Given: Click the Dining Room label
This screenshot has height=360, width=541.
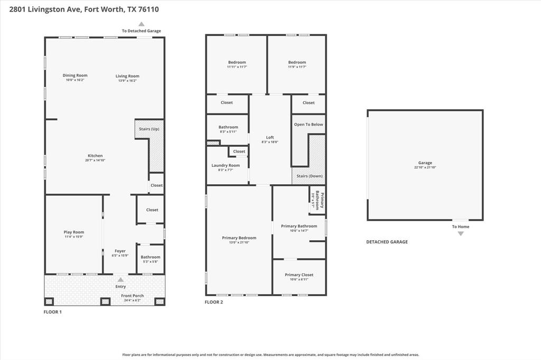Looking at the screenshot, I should [x=75, y=75].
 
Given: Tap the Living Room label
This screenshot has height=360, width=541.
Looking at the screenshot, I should [x=127, y=76].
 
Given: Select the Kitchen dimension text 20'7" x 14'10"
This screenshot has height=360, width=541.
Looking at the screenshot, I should [x=95, y=160].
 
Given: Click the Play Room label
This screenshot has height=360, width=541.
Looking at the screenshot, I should [x=74, y=232].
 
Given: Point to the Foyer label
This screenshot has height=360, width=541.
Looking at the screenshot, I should [x=120, y=251].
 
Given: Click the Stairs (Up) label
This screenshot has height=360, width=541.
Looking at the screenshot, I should [x=148, y=129].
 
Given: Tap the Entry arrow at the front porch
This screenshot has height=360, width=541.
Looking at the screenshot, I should [x=120, y=280].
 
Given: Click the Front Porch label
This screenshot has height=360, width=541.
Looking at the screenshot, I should [x=132, y=296].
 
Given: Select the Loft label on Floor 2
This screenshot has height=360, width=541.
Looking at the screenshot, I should [x=270, y=137].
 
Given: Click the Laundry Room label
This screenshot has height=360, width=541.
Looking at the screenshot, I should [x=226, y=165].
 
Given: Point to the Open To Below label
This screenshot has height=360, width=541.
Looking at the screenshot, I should [x=309, y=125].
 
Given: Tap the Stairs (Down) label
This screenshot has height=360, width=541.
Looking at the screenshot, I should [x=309, y=176].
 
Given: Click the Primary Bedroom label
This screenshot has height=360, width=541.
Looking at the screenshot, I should [x=239, y=238].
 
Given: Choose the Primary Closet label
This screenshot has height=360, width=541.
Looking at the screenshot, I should [x=299, y=274].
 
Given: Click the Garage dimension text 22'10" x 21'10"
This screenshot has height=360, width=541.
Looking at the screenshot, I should [x=425, y=167].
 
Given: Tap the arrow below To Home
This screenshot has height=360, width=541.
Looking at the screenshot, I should [x=461, y=233].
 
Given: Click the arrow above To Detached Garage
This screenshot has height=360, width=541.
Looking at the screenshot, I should [x=141, y=24].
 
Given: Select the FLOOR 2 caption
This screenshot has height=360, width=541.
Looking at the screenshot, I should [x=214, y=302].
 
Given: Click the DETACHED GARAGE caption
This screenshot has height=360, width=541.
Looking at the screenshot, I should [x=387, y=242].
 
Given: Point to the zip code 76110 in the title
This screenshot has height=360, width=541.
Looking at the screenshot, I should [x=149, y=9].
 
